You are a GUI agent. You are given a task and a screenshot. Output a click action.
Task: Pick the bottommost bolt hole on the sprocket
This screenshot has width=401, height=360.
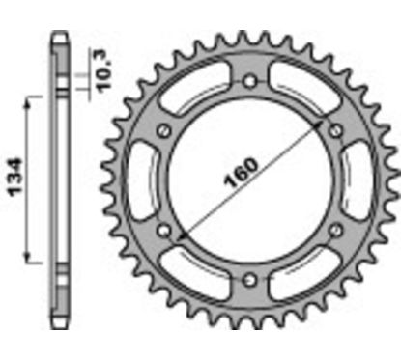250,280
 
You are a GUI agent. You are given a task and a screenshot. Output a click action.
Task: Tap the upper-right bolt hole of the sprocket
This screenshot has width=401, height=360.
336,130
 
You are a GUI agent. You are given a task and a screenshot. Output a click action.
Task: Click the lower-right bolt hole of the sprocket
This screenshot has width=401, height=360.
336,230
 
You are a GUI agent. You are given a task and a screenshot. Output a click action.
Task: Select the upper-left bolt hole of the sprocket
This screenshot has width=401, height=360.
164,130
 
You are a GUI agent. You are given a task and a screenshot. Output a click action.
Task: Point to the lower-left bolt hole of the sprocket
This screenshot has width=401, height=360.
164,231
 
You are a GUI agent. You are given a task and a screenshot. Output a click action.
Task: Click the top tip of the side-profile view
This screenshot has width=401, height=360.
60,36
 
